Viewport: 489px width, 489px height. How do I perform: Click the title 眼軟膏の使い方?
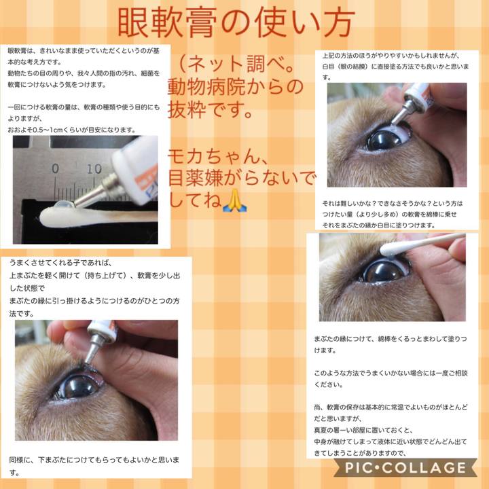[x=236, y=24]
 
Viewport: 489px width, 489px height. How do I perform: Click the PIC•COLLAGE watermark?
[x=405, y=468]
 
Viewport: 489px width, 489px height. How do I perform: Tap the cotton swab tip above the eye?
[x=391, y=249]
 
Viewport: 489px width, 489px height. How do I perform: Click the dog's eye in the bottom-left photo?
[x=76, y=386]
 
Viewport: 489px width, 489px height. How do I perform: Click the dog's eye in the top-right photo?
[x=384, y=139]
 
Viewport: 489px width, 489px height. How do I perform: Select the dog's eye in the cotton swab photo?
[x=384, y=271]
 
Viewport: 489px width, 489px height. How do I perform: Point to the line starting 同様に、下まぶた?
[x=95, y=460]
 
